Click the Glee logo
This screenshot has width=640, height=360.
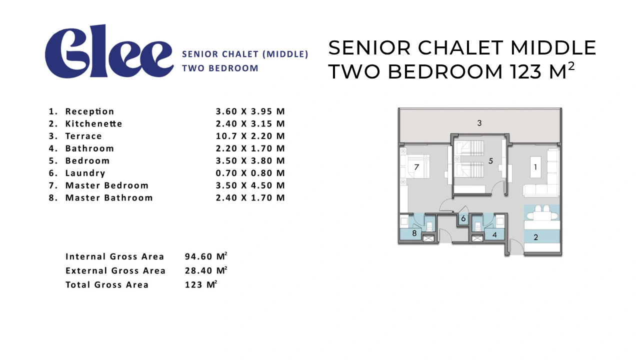click(109, 51)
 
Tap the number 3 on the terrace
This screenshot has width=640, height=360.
click(479, 123)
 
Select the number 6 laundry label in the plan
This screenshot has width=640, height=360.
click(463, 218)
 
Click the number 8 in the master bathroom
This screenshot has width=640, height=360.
click(414, 233)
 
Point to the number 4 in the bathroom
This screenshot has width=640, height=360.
click(494, 235)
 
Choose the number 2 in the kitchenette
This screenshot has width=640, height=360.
click(535, 237)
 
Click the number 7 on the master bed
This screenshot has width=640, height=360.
click(416, 167)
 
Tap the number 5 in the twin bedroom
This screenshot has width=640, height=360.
click(490, 161)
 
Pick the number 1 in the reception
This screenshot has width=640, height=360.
click(535, 167)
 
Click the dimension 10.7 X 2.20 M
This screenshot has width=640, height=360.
click(250, 136)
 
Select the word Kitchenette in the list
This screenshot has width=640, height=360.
click(93, 123)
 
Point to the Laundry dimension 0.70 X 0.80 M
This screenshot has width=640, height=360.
click(250, 173)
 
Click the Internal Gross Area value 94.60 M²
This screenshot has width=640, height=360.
click(206, 256)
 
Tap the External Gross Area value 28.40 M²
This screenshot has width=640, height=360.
click(206, 270)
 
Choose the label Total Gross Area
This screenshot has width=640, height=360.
click(107, 285)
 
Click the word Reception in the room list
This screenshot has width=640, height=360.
click(89, 111)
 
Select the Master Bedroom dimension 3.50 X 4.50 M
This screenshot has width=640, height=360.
click(250, 185)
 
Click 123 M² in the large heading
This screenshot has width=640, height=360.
click(542, 70)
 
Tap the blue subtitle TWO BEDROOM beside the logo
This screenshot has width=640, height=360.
click(220, 68)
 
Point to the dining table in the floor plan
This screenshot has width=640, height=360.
click(542, 215)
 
